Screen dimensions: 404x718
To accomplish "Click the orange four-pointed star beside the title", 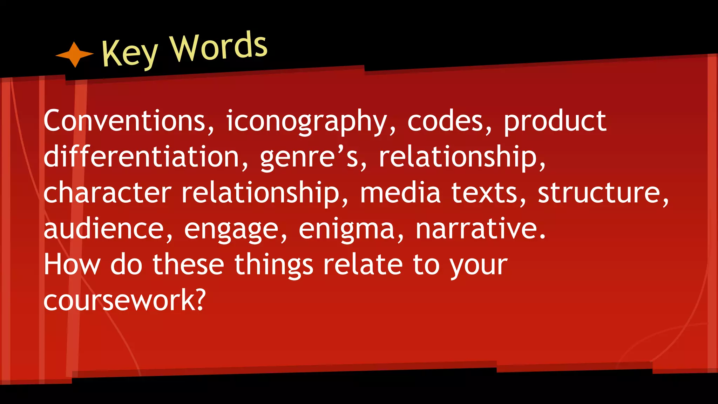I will tap(75, 54).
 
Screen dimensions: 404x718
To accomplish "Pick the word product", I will tap(555, 121).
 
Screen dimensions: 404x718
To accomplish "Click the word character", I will tap(107, 193).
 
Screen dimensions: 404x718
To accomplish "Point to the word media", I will tap(400, 193).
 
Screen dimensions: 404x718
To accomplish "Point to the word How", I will tap(72, 265).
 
